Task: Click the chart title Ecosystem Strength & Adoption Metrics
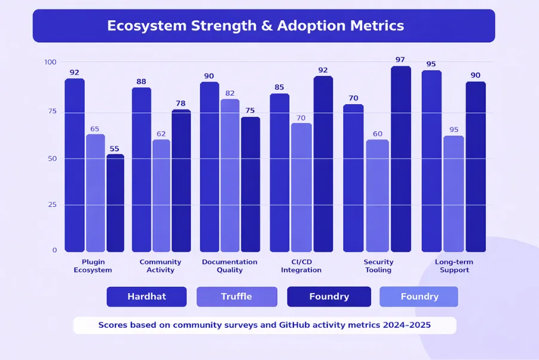point(255,26)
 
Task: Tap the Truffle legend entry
point(237,297)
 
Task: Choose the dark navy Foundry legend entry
point(329,297)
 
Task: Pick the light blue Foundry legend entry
point(419,297)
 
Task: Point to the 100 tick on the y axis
point(50,62)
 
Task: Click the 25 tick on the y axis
point(52,205)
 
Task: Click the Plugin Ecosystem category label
point(93,266)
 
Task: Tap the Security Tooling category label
point(378,266)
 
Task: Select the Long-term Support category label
point(454,266)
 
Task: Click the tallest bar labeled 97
point(400,158)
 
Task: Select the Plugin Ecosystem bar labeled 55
point(115,203)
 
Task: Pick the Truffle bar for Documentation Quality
point(229,175)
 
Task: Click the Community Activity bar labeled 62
point(161,196)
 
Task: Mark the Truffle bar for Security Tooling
point(378,196)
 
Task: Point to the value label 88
point(142,82)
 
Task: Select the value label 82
point(229,93)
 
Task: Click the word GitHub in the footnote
point(275,326)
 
